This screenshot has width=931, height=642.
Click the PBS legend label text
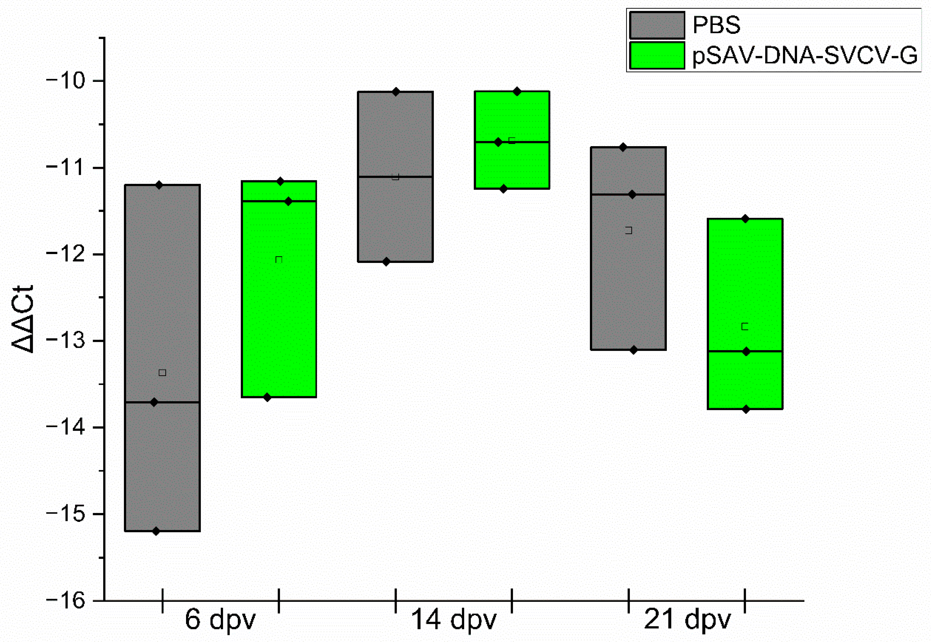click(716, 25)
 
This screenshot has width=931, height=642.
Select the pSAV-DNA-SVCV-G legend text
click(805, 56)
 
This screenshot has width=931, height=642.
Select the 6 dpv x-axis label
click(220, 619)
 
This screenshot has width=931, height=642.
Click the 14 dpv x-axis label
click(453, 619)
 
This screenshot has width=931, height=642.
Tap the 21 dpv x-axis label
click(687, 619)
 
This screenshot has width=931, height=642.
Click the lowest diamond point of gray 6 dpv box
click(156, 531)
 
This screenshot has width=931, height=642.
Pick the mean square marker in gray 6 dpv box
click(162, 373)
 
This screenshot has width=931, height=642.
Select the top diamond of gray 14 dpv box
click(396, 92)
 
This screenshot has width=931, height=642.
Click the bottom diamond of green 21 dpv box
click(746, 409)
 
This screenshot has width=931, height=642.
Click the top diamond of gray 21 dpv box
click(623, 147)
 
